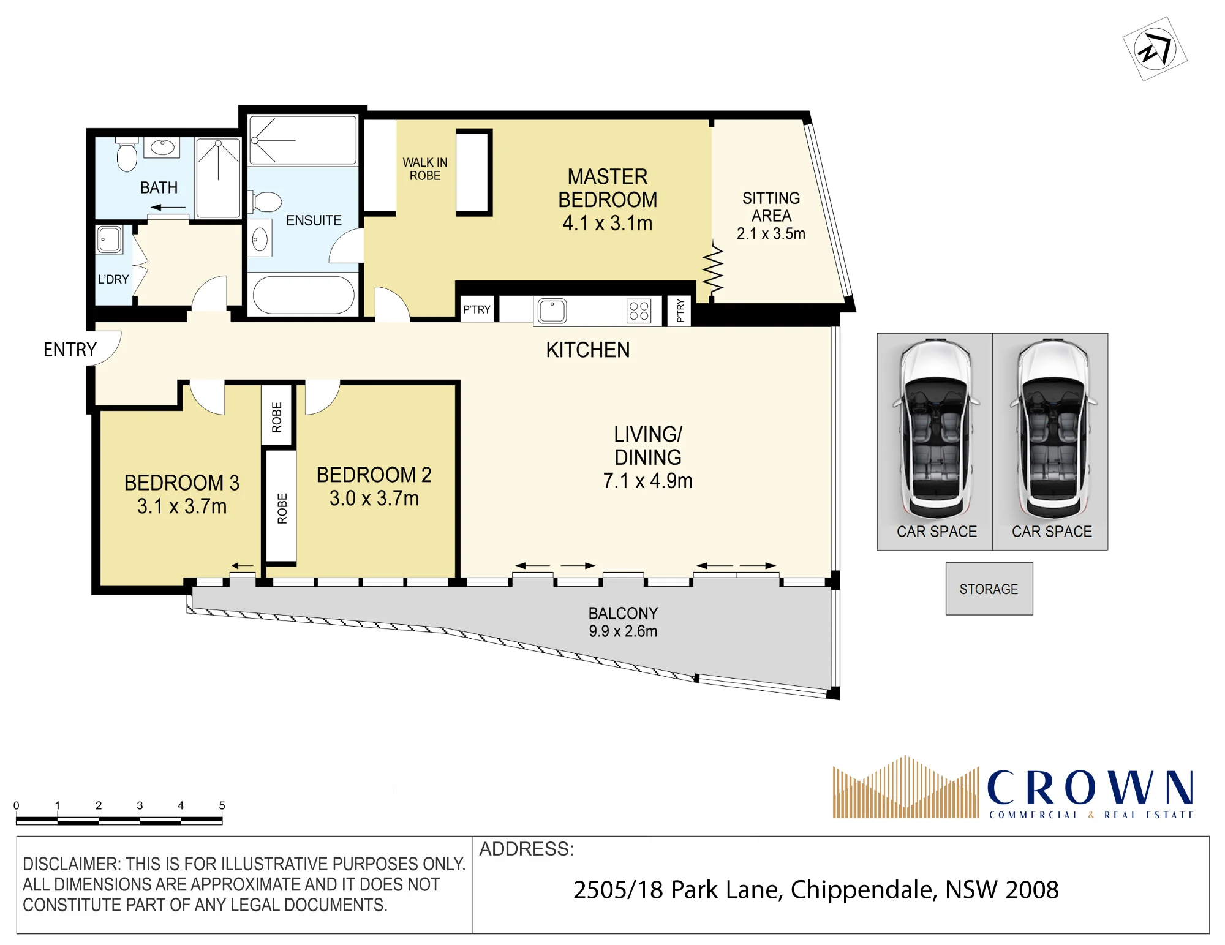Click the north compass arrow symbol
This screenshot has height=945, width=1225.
1155,49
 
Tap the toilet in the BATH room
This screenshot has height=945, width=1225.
127,156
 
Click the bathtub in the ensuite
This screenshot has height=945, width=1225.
304,295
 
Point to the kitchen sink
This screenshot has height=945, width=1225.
552,311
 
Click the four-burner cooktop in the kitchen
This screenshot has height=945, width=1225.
639,311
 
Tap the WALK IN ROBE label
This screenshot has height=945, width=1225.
425,169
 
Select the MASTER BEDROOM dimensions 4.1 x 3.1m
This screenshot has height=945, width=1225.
608,224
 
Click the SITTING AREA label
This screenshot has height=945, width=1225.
771,207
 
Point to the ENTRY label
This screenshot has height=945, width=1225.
70,350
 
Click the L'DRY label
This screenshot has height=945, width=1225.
113,279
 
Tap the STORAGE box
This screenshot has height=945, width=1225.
989,589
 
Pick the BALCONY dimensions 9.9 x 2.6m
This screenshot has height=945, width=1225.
623,631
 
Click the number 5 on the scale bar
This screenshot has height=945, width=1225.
222,805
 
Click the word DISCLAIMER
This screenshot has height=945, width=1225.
72,864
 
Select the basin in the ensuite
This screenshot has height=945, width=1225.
260,239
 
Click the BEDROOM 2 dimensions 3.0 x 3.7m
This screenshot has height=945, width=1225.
374,499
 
